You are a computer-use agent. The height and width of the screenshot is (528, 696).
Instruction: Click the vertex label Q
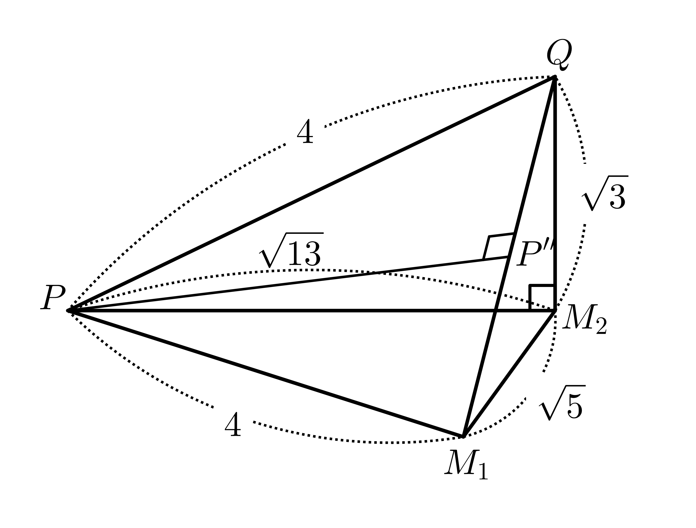559,55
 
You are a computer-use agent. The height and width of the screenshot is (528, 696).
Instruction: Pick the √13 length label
291,250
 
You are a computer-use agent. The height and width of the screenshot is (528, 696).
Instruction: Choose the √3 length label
604,193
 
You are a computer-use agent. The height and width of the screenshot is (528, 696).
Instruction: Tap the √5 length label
562,402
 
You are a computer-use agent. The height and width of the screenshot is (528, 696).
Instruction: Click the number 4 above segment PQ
305,131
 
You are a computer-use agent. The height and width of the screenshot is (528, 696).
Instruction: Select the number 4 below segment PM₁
233,424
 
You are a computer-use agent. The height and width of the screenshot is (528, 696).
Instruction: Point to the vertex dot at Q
555,77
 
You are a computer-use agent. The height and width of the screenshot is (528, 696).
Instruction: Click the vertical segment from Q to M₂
555,193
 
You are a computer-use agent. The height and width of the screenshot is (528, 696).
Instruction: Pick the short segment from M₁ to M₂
509,373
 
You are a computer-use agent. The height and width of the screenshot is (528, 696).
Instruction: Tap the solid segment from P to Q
312,193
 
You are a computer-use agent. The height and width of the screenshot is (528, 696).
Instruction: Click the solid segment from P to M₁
266,373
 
